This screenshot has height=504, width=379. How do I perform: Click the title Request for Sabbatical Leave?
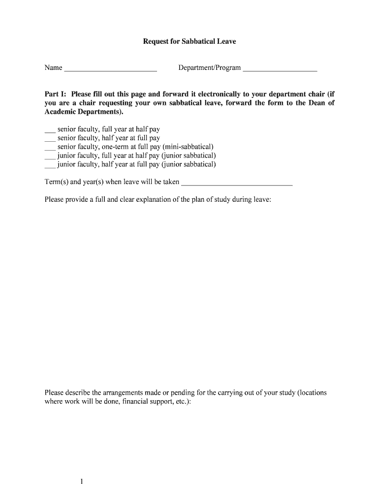189,41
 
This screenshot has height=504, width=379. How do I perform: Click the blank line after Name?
110,68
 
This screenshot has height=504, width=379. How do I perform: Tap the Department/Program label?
210,67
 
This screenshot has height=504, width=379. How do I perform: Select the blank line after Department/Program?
280,68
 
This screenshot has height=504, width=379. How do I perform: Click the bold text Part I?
56,94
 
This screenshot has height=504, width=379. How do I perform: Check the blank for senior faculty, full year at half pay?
50,130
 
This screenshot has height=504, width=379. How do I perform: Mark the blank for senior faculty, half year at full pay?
50,139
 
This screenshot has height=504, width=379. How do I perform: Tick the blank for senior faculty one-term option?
50,147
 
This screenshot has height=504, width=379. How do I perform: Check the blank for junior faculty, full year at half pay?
50,156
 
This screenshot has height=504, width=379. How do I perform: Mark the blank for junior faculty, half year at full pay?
50,165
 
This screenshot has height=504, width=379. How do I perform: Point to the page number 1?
82,481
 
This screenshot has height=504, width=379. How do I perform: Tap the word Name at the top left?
53,67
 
